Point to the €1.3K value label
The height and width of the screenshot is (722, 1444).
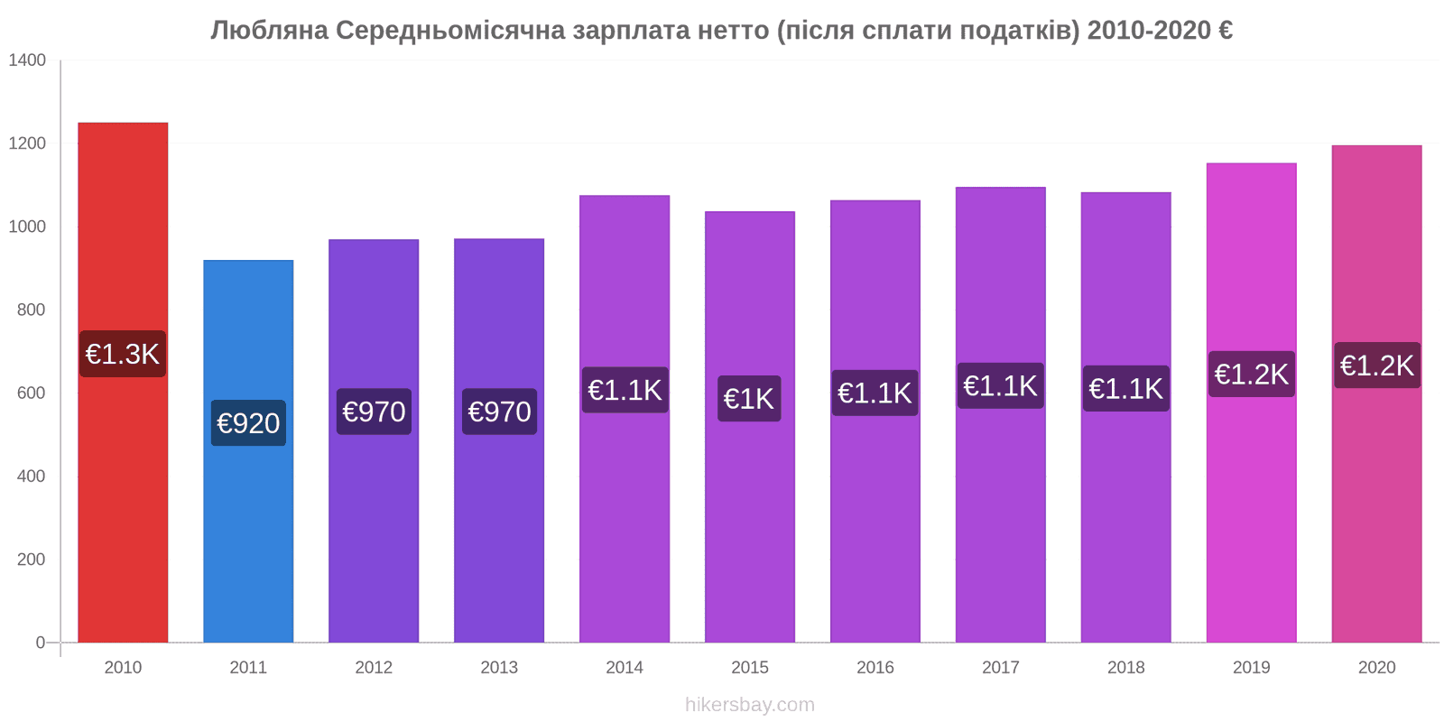click(123, 354)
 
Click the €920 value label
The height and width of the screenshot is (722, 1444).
click(248, 422)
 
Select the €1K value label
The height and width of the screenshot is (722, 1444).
click(750, 398)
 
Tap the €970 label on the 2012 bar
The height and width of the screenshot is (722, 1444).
click(374, 412)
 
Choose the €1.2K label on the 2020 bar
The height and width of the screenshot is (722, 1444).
click(1376, 366)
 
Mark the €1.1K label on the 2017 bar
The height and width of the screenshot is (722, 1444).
click(1000, 385)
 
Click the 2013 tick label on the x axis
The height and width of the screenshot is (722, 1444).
click(499, 668)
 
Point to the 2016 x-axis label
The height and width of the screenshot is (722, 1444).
click(875, 668)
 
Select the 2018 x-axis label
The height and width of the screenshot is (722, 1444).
click(1125, 668)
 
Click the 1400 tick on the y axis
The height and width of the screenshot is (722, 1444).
click(27, 60)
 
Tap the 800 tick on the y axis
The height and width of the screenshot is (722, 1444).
click(31, 310)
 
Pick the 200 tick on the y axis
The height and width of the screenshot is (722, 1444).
click(31, 560)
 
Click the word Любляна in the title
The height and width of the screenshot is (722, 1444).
click(269, 31)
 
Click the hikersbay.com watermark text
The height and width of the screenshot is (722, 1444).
click(750, 705)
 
